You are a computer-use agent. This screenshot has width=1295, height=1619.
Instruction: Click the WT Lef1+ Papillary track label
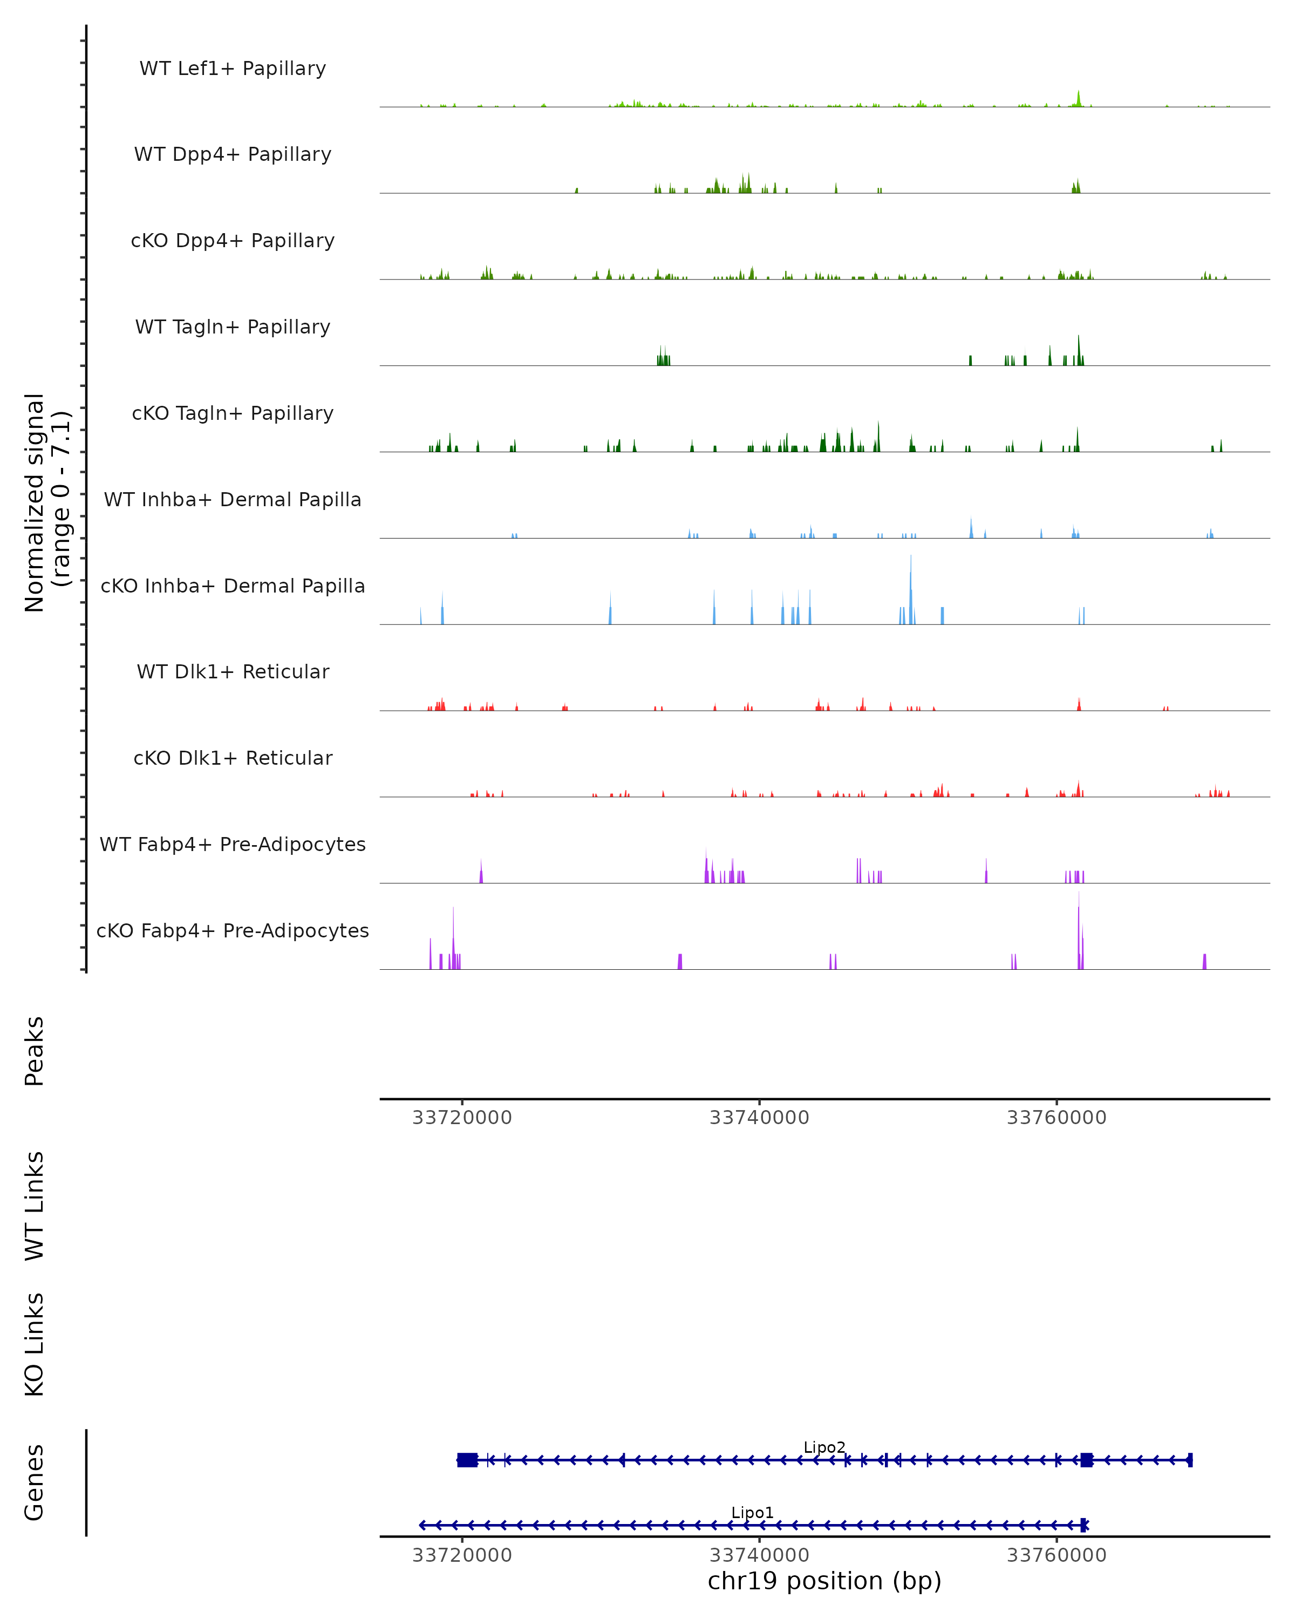233,69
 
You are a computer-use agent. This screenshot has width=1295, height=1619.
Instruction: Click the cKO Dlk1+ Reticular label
233,758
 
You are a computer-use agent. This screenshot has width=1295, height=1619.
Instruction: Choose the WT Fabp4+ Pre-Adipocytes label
233,844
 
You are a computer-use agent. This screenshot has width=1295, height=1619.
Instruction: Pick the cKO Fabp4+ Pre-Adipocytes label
233,930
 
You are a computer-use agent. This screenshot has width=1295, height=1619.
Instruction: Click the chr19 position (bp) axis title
824,1581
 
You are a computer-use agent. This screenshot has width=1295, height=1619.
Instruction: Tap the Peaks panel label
35,1051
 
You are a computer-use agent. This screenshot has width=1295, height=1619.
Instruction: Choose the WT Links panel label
35,1206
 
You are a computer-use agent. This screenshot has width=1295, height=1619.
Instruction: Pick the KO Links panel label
35,1344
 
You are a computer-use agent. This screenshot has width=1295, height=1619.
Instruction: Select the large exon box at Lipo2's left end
467,1460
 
